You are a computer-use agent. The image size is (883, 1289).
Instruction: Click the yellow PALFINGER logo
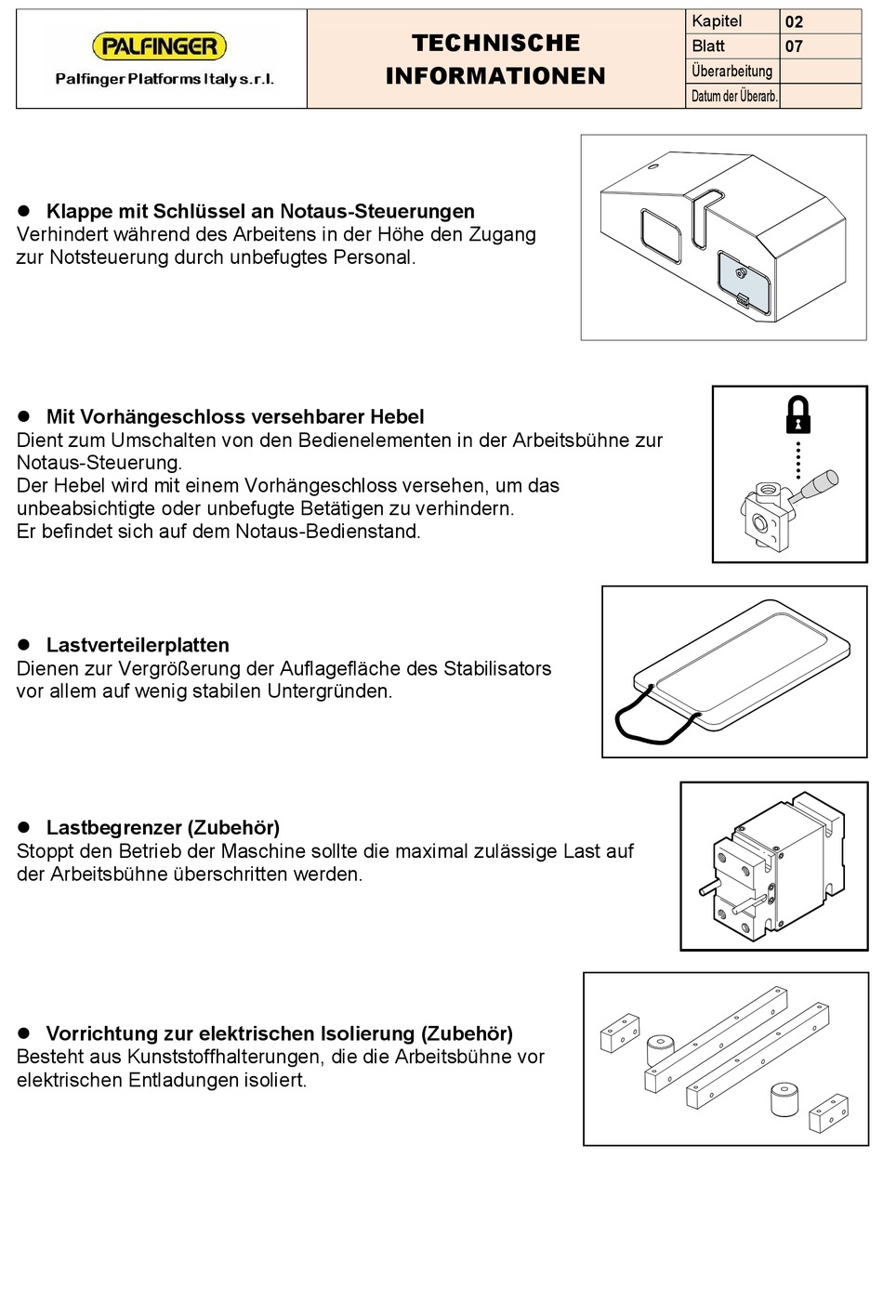pyautogui.click(x=159, y=46)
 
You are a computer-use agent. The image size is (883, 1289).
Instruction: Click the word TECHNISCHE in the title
pyautogui.click(x=495, y=44)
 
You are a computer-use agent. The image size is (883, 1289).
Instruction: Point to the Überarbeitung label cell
pyautogui.click(x=731, y=72)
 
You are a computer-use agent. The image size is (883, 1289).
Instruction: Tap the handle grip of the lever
pyautogui.click(x=821, y=484)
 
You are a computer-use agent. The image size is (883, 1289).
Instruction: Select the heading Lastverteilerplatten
pyautogui.click(x=138, y=645)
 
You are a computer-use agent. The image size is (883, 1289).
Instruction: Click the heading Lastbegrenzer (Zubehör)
pyautogui.click(x=163, y=827)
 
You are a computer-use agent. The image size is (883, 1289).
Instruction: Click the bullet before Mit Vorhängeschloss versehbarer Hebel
pyautogui.click(x=25, y=416)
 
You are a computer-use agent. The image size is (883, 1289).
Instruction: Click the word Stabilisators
pyautogui.click(x=497, y=668)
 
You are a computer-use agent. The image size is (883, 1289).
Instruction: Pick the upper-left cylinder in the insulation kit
pyautogui.click(x=660, y=1048)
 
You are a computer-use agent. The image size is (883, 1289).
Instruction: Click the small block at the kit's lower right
pyautogui.click(x=828, y=1113)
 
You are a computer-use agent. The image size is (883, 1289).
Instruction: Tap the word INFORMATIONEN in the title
pyautogui.click(x=495, y=76)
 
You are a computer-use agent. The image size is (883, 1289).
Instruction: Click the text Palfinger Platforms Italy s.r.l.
pyautogui.click(x=165, y=79)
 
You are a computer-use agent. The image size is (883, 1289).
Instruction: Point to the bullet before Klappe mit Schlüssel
pyautogui.click(x=25, y=211)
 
